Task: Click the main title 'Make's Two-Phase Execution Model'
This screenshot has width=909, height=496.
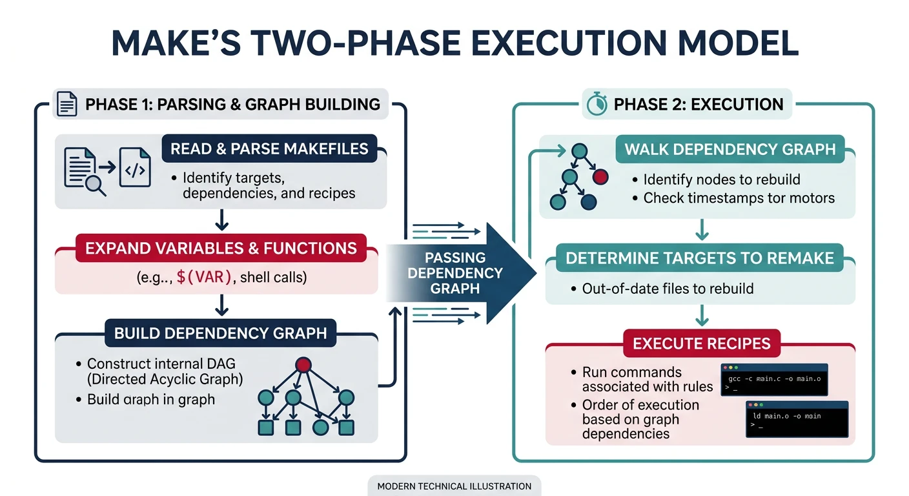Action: pos(454,42)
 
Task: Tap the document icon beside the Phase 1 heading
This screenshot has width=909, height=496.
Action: pos(68,104)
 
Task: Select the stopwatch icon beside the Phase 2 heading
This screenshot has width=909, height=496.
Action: pos(596,104)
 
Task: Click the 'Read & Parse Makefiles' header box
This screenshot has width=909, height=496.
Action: pos(269,149)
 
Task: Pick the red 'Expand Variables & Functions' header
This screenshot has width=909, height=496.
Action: pos(221,248)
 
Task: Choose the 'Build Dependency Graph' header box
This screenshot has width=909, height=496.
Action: pos(220,333)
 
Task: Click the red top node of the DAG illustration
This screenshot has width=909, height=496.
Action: pos(303,365)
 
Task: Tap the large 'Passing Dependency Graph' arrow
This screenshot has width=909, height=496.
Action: pos(465,272)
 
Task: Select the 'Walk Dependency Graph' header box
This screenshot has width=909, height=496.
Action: pos(730,149)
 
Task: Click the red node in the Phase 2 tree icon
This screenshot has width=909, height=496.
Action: pos(600,176)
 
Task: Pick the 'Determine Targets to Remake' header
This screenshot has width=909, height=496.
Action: pos(699,258)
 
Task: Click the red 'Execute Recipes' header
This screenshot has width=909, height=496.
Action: pos(701,343)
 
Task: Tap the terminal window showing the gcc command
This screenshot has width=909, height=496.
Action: pos(773,379)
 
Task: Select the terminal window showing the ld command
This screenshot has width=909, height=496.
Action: pos(797,418)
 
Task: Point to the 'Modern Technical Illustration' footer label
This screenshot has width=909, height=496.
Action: pos(454,486)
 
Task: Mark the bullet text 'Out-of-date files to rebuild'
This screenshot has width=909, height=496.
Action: pos(668,288)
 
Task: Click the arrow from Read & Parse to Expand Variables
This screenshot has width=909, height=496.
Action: pos(221,221)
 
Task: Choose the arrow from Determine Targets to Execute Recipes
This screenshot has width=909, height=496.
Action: pos(701,316)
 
